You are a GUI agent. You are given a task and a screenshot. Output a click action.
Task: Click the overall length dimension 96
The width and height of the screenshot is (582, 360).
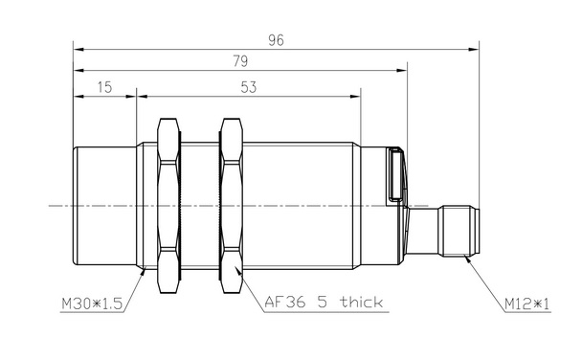[276, 40]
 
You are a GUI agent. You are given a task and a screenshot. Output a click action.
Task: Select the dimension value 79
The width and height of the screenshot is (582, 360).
[240, 61]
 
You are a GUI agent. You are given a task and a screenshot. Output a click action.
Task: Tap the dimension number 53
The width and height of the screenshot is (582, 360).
[248, 87]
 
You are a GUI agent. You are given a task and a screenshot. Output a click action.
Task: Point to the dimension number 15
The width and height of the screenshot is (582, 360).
[104, 87]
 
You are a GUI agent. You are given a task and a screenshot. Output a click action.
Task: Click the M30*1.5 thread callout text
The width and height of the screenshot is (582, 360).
[92, 304]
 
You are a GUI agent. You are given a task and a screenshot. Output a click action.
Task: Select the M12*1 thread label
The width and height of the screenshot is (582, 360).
[526, 304]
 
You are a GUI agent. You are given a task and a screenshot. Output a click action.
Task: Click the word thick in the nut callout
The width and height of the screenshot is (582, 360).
[362, 302]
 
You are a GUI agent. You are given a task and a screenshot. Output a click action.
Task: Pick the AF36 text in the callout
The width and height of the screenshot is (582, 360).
[285, 303]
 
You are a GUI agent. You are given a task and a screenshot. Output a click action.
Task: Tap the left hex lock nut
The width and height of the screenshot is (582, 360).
[168, 206]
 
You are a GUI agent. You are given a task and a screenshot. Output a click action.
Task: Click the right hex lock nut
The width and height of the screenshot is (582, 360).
[231, 206]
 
